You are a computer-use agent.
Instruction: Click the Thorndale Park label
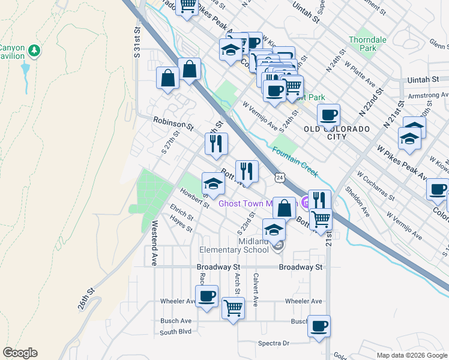367,44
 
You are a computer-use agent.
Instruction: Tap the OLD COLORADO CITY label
337,133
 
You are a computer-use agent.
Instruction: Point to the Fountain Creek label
294,161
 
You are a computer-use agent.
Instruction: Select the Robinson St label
173,124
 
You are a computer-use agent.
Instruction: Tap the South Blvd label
175,331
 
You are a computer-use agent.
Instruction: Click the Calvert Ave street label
256,290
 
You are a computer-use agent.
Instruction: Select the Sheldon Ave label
358,201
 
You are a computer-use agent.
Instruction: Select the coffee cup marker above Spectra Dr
319,326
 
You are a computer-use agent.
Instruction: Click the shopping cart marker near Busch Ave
233,308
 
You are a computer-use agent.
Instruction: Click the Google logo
20,353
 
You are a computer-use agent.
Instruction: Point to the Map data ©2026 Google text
411,355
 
